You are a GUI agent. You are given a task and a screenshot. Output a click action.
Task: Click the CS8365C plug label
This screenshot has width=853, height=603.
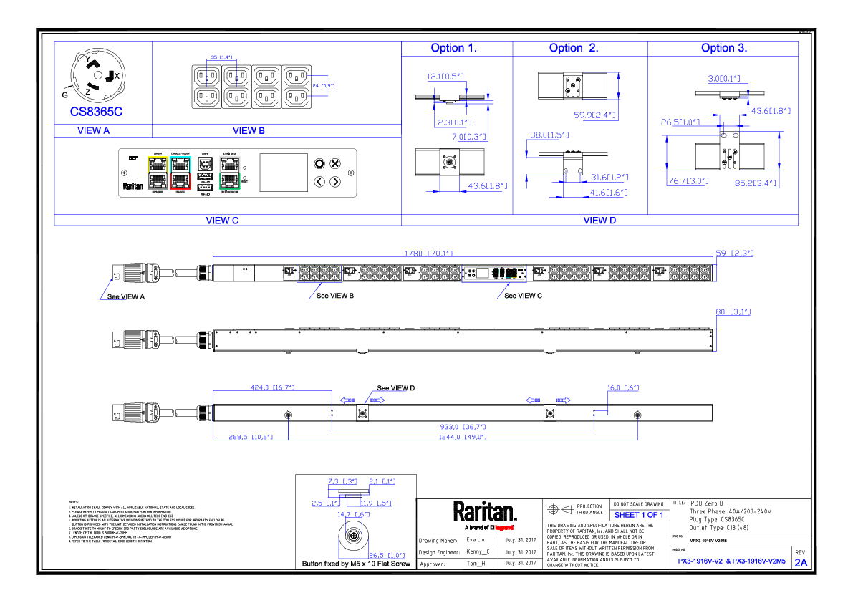coord(96,112)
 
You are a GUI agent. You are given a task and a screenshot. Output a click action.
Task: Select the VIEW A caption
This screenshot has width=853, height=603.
coord(93,131)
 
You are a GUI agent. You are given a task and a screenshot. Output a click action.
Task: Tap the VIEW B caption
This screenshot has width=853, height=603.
coord(249,131)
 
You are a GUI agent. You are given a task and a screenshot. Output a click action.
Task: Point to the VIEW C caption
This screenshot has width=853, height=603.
coord(222,221)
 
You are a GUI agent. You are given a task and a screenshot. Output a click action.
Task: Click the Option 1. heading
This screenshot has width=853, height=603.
coord(453,48)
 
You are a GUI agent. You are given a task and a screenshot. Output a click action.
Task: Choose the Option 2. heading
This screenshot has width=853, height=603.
coord(574,48)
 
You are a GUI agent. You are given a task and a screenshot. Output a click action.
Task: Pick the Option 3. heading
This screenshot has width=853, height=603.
coord(723,48)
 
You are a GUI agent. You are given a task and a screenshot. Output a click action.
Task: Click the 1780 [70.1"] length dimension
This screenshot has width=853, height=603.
coord(429,254)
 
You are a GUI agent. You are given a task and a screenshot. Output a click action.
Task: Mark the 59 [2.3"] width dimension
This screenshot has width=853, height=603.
coord(734,254)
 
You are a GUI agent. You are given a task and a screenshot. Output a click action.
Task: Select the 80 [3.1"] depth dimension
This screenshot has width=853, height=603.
coord(733,312)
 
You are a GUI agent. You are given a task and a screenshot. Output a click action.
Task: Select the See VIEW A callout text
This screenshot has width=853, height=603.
coord(125,296)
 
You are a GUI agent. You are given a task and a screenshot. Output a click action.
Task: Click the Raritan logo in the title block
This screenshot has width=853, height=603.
coord(484,511)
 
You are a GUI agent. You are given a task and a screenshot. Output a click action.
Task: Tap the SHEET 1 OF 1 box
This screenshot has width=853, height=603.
coord(638,515)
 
